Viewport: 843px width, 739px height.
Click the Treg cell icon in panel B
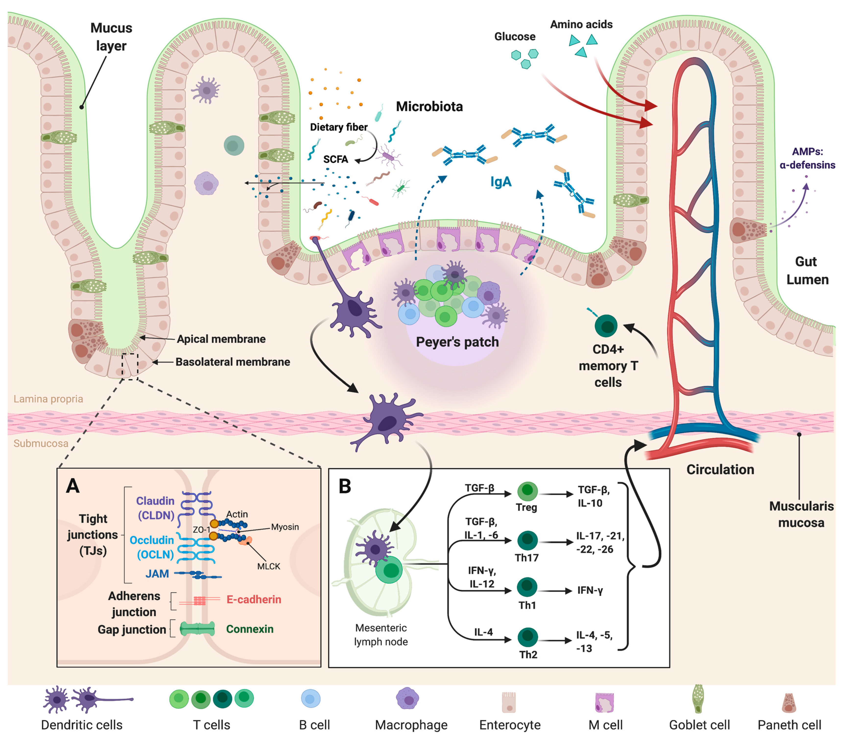click(x=527, y=491)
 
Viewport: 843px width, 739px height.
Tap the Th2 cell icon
click(x=527, y=637)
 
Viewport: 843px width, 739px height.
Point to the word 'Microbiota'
click(x=429, y=106)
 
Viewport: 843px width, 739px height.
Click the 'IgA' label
click(x=501, y=182)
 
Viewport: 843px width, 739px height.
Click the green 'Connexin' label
click(x=250, y=629)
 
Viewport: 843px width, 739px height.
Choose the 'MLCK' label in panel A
click(x=268, y=566)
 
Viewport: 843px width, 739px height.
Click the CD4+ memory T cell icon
click(x=606, y=326)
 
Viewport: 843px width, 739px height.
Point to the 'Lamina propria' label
click(x=48, y=399)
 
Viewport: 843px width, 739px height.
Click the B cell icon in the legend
click(x=311, y=699)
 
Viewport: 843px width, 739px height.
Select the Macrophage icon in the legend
click(x=407, y=699)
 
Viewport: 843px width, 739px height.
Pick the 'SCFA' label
click(x=335, y=159)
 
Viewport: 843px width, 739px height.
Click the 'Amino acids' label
click(x=581, y=24)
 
